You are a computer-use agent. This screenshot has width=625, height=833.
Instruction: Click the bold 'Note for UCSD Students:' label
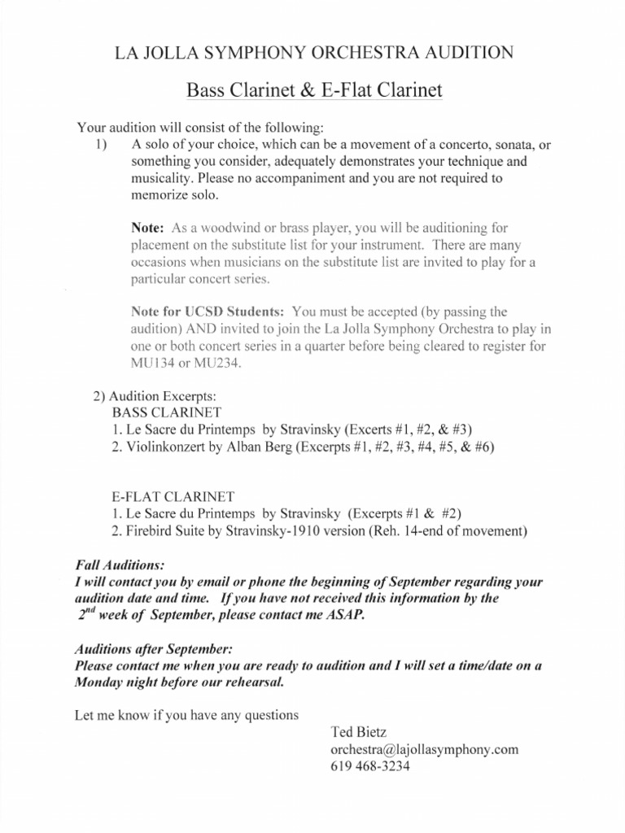[x=208, y=312]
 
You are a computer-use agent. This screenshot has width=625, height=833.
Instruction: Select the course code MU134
[x=151, y=363]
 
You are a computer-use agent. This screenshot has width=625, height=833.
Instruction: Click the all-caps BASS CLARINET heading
[x=166, y=412]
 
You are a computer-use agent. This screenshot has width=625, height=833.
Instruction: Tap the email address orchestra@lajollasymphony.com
[x=423, y=748]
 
